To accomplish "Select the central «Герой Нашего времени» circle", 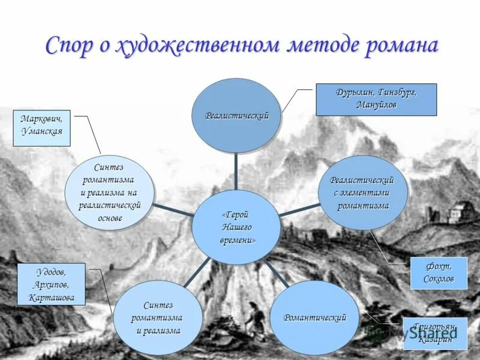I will [x=236, y=227].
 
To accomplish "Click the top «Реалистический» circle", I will [x=236, y=115].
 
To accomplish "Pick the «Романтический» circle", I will [x=314, y=318].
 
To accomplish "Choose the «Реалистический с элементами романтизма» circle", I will [x=362, y=192].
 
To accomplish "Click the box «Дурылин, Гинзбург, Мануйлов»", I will [x=376, y=99].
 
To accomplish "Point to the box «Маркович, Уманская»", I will [x=41, y=128].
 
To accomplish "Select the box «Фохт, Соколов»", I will [x=439, y=273].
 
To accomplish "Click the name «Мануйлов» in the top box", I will [x=376, y=105].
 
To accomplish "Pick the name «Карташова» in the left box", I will [x=52, y=298].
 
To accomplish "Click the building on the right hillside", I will [x=458, y=211].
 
